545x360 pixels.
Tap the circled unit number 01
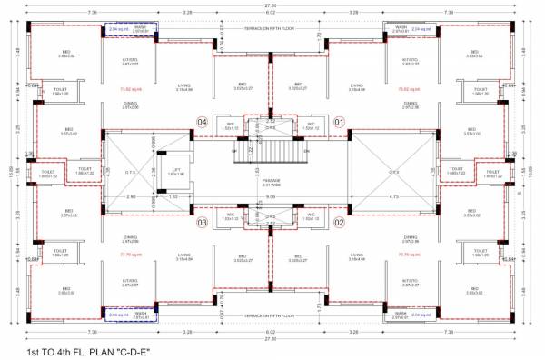(x=341, y=121)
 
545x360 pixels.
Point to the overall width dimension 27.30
(x=272, y=5)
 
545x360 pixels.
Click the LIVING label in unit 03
(x=184, y=255)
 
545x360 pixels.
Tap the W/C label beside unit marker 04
(x=233, y=125)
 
